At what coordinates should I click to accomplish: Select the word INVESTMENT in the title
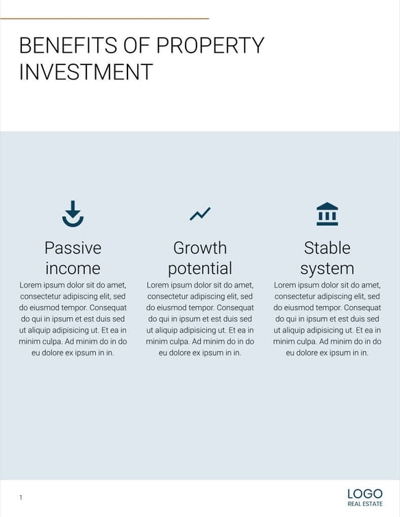86,72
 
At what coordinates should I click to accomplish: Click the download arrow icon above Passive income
73,214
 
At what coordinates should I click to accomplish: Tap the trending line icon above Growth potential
200,214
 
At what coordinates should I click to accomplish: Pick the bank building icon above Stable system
327,214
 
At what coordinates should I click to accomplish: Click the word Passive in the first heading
73,247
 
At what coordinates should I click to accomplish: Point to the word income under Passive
73,268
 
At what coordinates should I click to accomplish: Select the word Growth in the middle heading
200,247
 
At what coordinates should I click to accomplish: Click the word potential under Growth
200,268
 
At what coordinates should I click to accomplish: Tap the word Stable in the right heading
327,247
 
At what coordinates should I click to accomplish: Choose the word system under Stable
327,268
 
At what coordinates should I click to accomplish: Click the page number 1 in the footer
21,497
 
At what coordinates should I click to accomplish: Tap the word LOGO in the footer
364,494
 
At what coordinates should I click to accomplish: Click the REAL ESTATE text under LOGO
364,505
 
